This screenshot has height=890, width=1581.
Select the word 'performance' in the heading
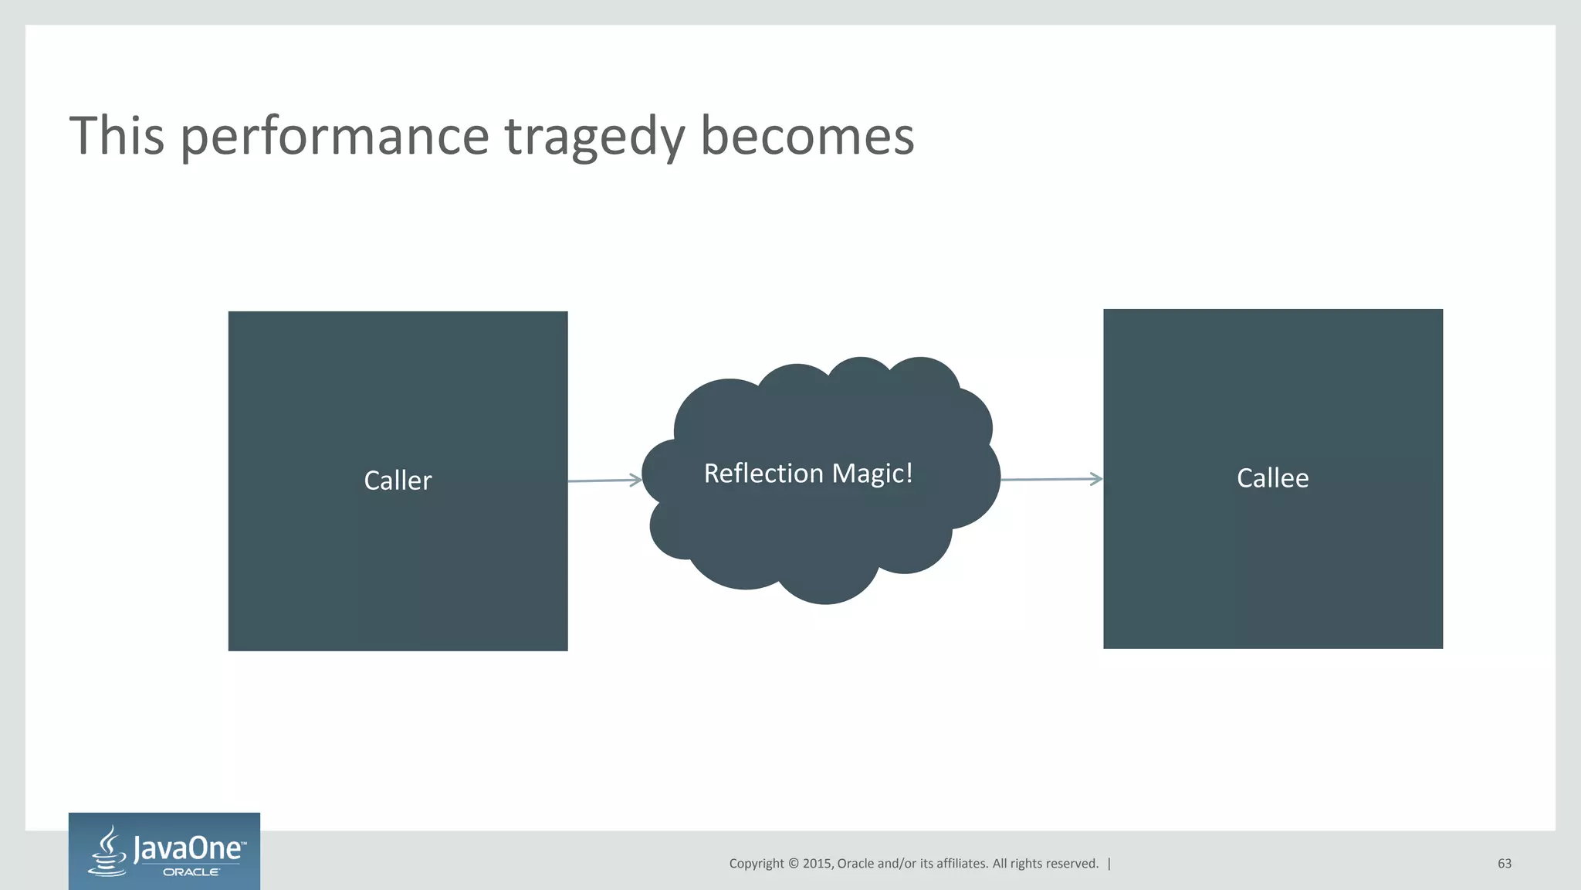(334, 137)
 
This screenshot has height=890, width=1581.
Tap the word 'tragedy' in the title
(594, 137)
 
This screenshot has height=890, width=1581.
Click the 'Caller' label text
(398, 481)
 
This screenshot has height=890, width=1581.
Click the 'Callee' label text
(1272, 478)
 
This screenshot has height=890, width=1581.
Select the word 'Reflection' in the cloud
(763, 473)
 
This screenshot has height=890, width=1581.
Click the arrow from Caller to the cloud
(604, 481)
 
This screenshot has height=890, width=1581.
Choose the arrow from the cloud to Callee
(1051, 479)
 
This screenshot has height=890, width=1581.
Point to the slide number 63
(1504, 864)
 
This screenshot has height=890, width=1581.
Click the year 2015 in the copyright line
(818, 864)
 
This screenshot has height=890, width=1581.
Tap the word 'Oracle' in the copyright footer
(855, 864)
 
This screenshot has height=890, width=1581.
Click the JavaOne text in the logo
(189, 849)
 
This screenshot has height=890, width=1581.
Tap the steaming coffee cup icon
(109, 852)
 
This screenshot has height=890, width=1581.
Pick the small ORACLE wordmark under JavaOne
(191, 872)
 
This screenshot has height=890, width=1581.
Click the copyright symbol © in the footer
(793, 864)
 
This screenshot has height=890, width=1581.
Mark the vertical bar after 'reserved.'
(1109, 864)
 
